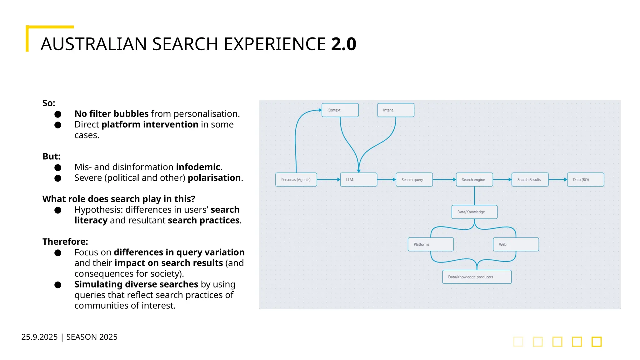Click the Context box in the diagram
pyautogui.click(x=340, y=110)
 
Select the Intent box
pyautogui.click(x=396, y=110)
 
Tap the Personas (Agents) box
pyautogui.click(x=296, y=180)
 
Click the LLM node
pyautogui.click(x=358, y=180)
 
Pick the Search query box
pyautogui.click(x=414, y=180)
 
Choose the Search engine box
pyautogui.click(x=474, y=180)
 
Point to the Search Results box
pyautogui.click(x=530, y=180)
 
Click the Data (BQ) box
pyautogui.click(x=585, y=180)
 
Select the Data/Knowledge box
pyautogui.click(x=474, y=212)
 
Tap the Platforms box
pyautogui.click(x=431, y=244)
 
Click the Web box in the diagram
pyautogui.click(x=516, y=244)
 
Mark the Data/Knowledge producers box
pyautogui.click(x=477, y=277)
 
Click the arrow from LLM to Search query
pyautogui.click(x=386, y=180)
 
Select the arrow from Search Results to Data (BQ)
pyautogui.click(x=558, y=180)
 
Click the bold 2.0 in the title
pyautogui.click(x=343, y=44)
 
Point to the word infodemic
pyautogui.click(x=198, y=167)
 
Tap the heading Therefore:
pyautogui.click(x=65, y=242)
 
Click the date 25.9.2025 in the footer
pyautogui.click(x=39, y=337)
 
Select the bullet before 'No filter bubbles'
pyautogui.click(x=58, y=114)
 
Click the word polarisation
pyautogui.click(x=214, y=178)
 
